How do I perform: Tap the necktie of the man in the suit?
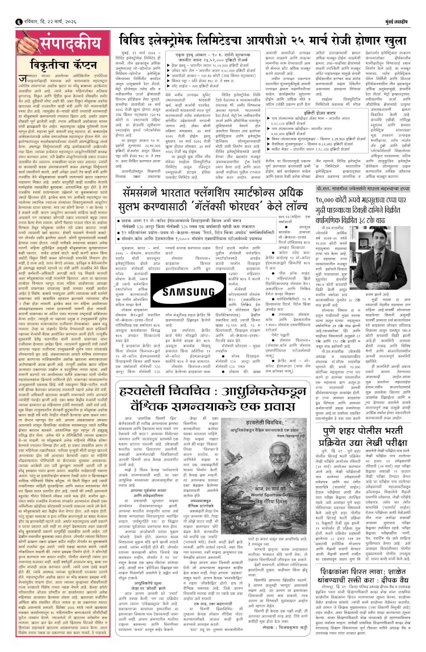click(x=383, y=250)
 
